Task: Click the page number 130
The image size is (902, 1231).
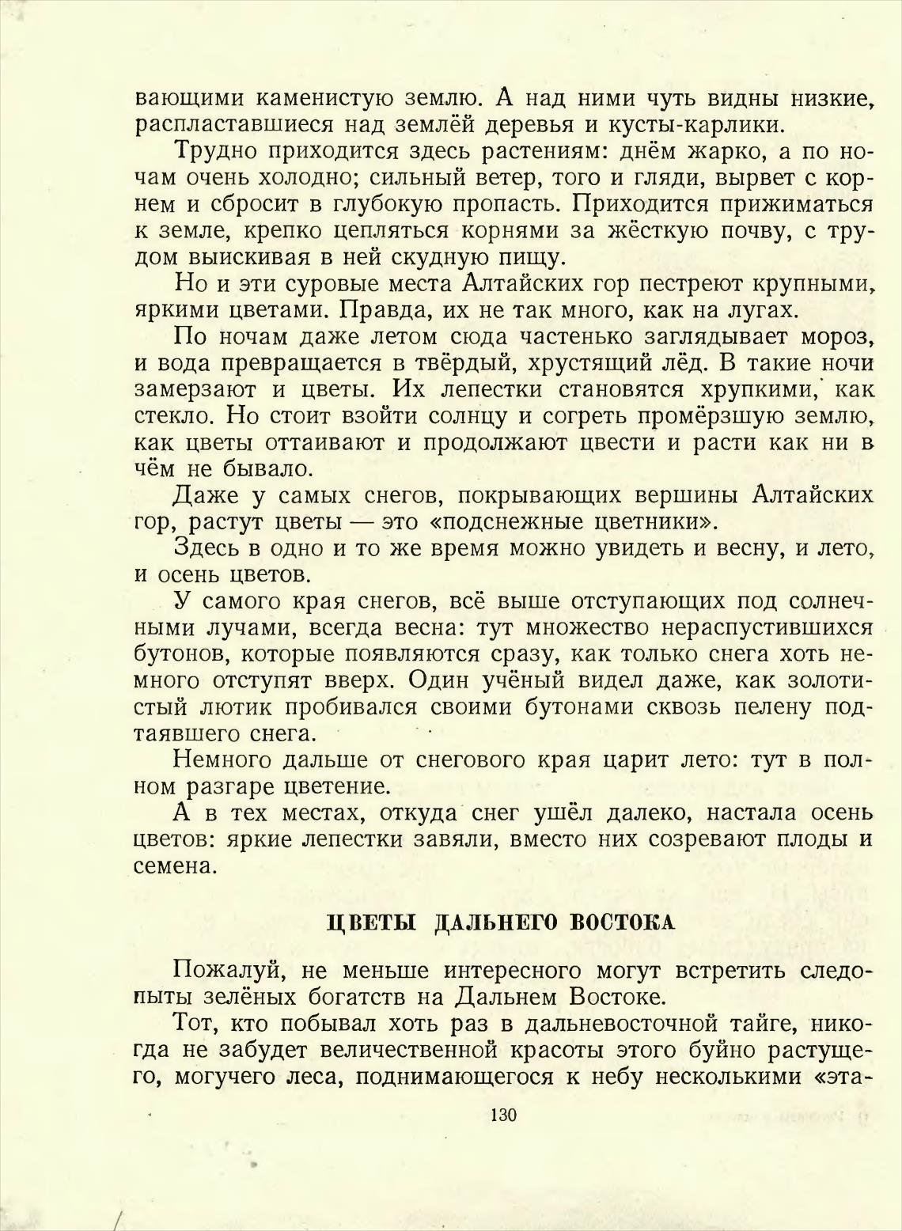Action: tap(503, 1116)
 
